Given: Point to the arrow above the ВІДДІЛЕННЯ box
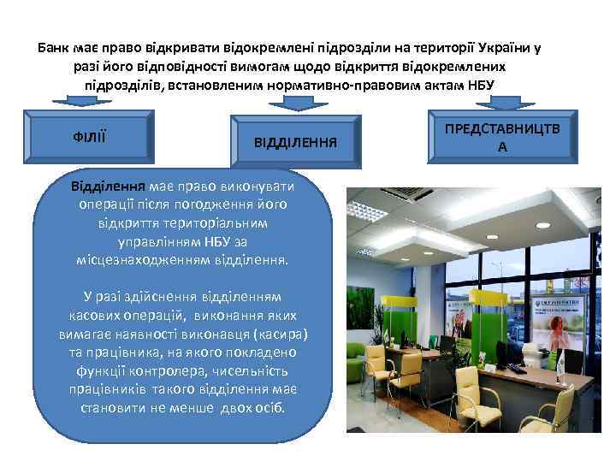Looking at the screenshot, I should click(295, 102).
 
